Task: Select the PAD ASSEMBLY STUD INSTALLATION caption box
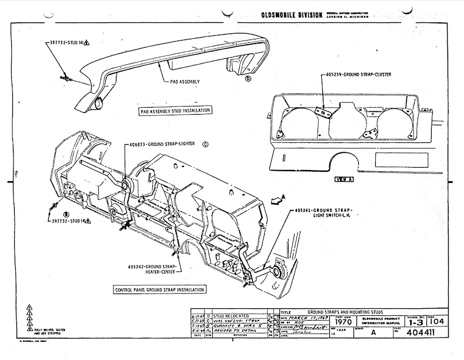(x=175, y=110)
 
